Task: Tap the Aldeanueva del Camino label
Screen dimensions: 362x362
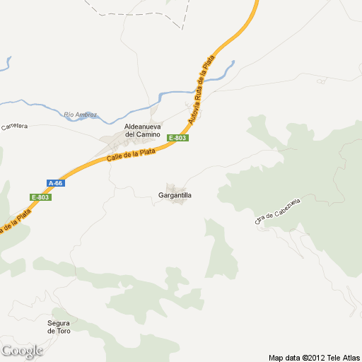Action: (x=142, y=130)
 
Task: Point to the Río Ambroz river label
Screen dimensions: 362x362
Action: (x=80, y=115)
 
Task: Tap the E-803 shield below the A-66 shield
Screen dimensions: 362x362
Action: (x=41, y=197)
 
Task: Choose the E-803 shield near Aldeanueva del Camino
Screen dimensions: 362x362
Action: (x=177, y=138)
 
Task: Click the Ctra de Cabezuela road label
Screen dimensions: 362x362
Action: (x=278, y=212)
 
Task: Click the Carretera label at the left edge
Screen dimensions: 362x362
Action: (x=13, y=127)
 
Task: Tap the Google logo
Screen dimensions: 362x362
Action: (x=22, y=351)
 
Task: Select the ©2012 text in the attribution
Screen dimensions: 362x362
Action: (x=313, y=357)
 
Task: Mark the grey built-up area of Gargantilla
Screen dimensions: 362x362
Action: (x=178, y=203)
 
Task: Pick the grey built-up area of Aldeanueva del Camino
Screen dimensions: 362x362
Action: (x=117, y=142)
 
